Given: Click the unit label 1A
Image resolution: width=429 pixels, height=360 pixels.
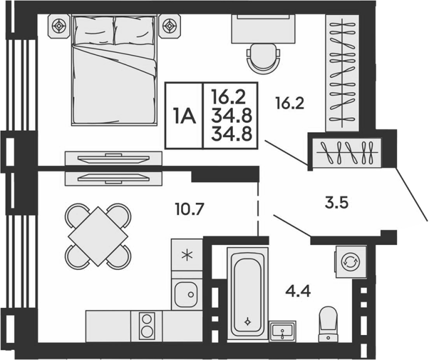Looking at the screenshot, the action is [184, 116].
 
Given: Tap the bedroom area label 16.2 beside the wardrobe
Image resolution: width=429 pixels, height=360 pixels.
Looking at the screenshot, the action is [290, 104].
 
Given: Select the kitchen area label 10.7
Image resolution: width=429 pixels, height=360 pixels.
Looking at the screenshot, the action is [189, 210].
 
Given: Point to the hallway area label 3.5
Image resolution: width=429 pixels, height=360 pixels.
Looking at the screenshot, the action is [336, 203].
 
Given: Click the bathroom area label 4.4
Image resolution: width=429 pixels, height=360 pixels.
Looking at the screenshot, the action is [298, 291].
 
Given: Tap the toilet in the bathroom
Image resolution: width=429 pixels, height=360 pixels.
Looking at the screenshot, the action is [328, 324].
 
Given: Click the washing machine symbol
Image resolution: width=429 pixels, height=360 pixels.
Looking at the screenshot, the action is [351, 262].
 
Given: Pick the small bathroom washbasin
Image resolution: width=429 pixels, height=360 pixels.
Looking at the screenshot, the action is [282, 331].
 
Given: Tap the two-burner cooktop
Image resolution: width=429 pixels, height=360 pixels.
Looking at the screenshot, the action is [147, 326].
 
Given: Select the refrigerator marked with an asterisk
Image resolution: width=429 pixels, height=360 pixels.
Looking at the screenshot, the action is [187, 255].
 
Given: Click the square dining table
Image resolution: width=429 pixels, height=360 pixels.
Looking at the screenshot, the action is [98, 237].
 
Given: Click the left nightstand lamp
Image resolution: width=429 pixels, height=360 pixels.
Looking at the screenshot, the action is [59, 26].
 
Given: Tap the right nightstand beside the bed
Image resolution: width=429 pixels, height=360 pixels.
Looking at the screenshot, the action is [169, 26].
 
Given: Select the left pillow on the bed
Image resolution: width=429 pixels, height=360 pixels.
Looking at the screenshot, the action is [93, 30].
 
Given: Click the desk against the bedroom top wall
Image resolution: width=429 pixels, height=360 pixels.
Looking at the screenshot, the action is [264, 29].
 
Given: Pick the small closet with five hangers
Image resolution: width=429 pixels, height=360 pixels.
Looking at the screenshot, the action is [348, 152].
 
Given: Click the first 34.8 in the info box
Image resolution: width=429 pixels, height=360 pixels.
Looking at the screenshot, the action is [232, 117].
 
